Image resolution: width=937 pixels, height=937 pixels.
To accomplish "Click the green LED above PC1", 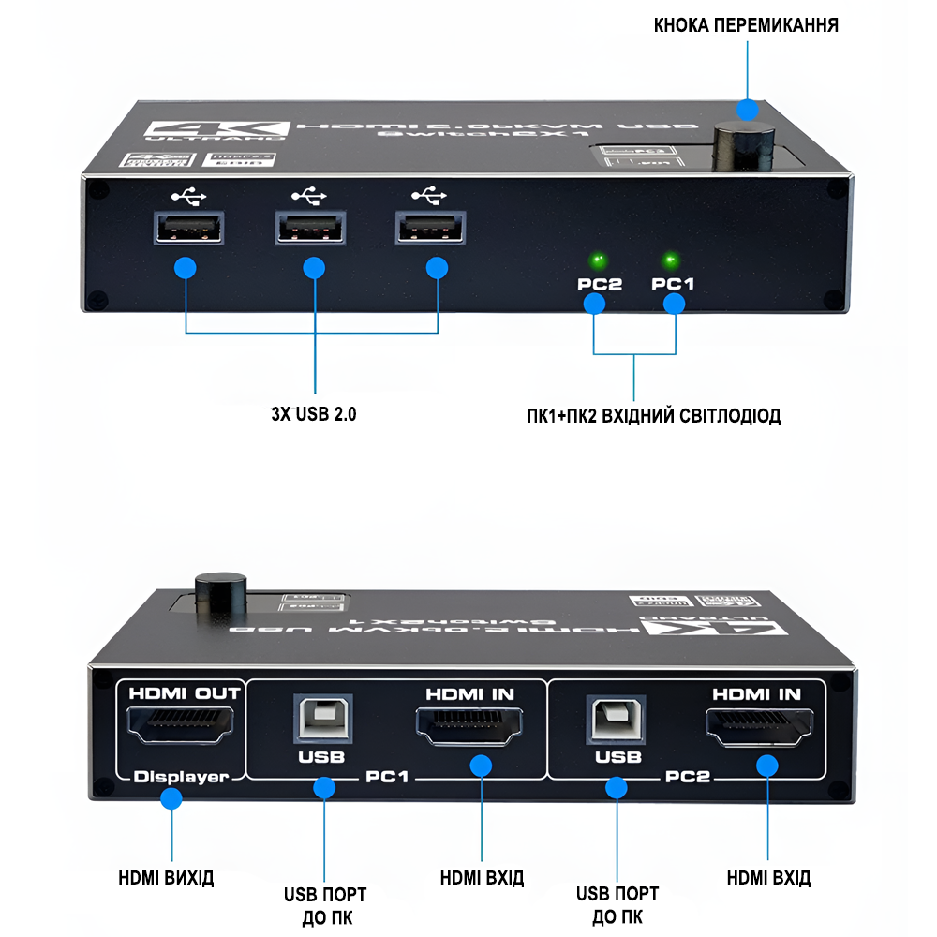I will point(671,259).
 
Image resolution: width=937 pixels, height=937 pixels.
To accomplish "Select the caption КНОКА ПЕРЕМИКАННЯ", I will point(746,25).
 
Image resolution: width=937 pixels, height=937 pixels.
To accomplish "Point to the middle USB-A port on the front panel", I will point(310,229).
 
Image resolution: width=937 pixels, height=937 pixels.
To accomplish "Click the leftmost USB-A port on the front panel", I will point(188,229).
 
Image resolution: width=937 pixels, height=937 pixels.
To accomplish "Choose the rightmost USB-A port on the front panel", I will point(431,229).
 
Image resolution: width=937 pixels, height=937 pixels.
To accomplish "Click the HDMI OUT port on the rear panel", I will point(182,724).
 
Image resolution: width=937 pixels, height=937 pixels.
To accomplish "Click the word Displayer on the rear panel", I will point(181,777).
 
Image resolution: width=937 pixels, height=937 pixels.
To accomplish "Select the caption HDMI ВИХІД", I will point(167,878).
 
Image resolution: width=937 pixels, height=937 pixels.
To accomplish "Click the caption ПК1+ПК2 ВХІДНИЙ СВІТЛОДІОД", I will point(653,415).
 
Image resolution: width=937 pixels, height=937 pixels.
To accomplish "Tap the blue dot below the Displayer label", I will point(171,799).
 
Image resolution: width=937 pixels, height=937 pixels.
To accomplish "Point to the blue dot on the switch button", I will point(747,110).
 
